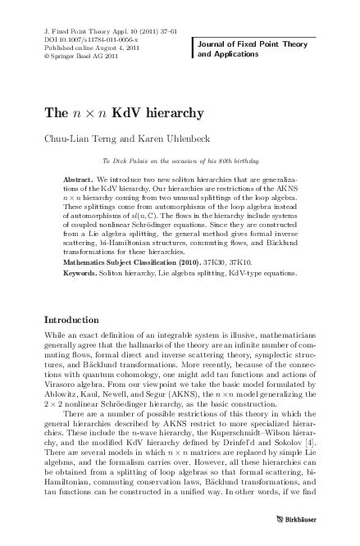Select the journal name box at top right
[248, 44]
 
